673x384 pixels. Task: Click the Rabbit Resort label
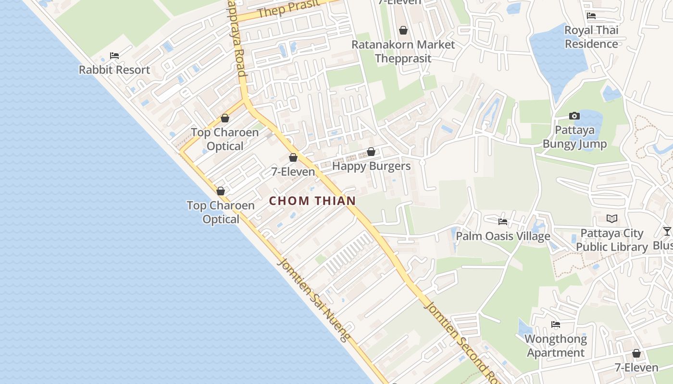pos(114,70)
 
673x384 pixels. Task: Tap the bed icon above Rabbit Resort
pos(114,56)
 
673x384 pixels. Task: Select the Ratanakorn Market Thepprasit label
pos(403,51)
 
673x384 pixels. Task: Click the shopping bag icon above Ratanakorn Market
pos(403,30)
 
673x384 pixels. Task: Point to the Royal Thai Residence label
pos(591,37)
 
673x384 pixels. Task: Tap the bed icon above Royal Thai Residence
pos(591,16)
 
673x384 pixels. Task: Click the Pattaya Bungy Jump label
pos(574,137)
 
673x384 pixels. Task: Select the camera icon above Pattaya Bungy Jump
pos(574,116)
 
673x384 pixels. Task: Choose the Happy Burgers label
pos(372,166)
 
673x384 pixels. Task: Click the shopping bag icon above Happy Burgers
pos(371,152)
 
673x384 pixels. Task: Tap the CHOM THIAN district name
pos(312,201)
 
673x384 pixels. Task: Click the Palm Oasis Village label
pos(503,236)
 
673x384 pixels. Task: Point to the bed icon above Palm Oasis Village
pos(503,222)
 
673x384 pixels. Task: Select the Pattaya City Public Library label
pos(611,240)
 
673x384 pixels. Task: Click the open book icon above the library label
pos(611,219)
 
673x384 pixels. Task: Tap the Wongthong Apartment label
pos(556,346)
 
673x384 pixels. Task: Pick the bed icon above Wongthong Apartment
pos(556,324)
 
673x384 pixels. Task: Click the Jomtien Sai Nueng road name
pos(314,300)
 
